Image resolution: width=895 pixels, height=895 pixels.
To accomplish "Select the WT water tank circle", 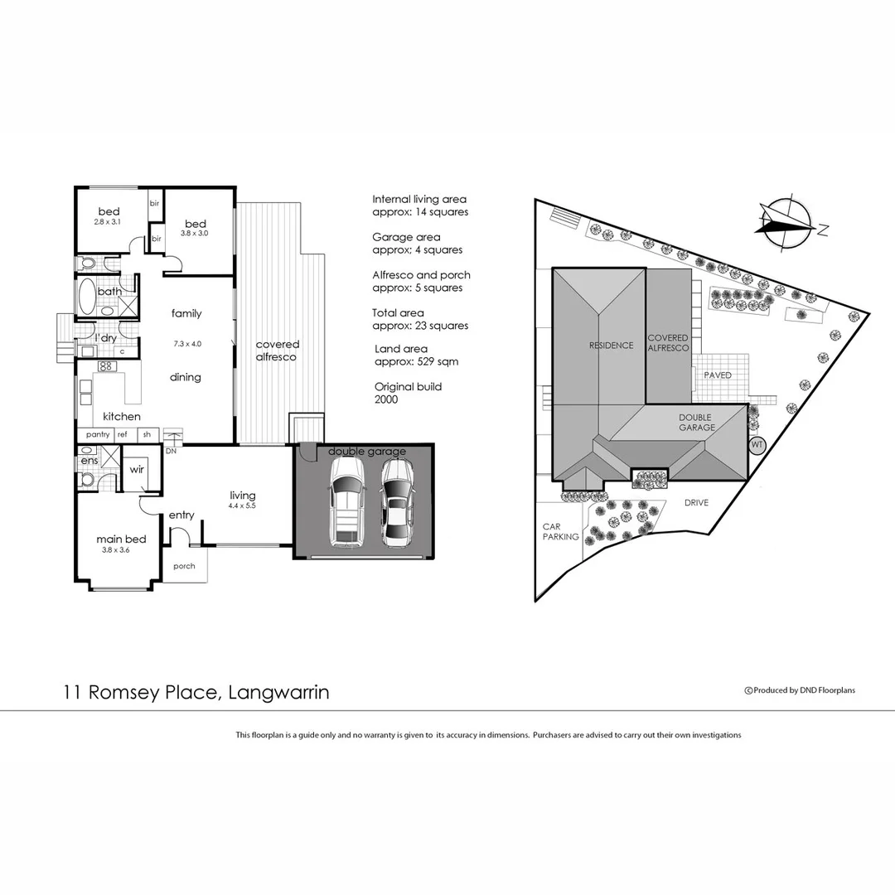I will point(756,444).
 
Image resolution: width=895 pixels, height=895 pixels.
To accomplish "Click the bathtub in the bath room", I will point(87,293).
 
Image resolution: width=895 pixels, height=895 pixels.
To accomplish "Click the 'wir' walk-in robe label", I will point(137,469).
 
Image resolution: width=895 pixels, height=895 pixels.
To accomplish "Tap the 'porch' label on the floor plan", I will point(185,567).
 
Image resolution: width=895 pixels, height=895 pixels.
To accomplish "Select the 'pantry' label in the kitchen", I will point(98,434).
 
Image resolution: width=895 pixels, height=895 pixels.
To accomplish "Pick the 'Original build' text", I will point(408,387).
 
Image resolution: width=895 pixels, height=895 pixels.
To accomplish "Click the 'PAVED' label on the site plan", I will point(718,375).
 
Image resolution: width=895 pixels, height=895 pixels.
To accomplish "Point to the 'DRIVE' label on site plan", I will point(696,502).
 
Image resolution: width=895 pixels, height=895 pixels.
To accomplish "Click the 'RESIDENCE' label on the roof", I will point(611,346).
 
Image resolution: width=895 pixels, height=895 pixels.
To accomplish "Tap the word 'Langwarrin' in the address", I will point(277,692).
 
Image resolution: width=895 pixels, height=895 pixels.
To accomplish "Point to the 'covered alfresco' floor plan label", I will point(278,351).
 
